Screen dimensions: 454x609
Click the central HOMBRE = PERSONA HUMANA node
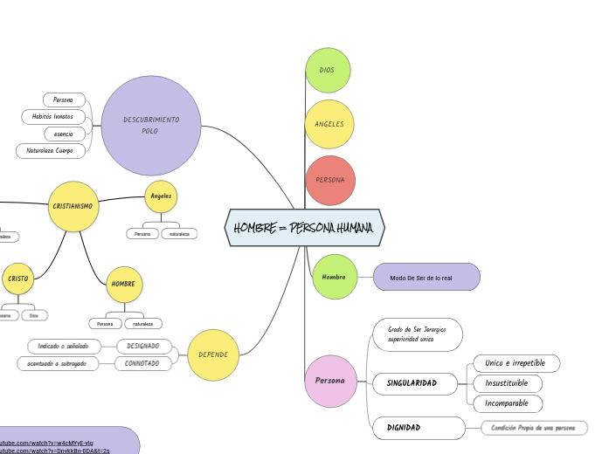click(x=304, y=228)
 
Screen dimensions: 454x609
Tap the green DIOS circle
click(x=328, y=70)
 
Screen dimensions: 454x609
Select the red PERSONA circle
click(x=330, y=180)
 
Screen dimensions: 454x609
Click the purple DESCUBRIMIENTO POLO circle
click(x=151, y=125)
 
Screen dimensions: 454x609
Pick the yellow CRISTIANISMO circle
click(x=73, y=206)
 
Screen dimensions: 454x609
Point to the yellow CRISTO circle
click(x=18, y=279)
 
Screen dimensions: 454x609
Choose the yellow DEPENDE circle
click(x=213, y=354)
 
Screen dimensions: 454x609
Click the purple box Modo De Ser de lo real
click(x=426, y=278)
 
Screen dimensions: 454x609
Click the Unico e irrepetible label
click(x=516, y=363)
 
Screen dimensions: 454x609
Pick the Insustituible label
click(x=507, y=383)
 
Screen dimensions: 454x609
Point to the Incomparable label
click(x=507, y=403)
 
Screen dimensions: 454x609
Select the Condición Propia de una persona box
click(x=534, y=428)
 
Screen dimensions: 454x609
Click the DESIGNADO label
click(x=143, y=346)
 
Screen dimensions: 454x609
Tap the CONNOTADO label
click(x=142, y=363)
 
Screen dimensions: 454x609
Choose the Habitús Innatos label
click(x=53, y=116)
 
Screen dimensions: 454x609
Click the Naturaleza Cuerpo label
click(x=51, y=151)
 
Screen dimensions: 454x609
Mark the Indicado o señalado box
click(x=64, y=346)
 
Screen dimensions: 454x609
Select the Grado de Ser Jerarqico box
click(x=417, y=334)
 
